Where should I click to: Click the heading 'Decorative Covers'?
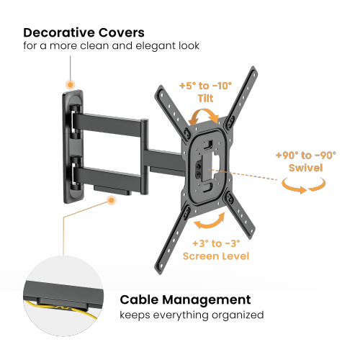(84, 32)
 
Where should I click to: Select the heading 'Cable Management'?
(185, 300)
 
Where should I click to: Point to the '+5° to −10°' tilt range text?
(206, 86)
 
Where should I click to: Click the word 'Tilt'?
(205, 99)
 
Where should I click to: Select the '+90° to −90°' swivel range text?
(306, 156)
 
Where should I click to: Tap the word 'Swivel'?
(306, 168)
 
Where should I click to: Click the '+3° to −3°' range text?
(216, 243)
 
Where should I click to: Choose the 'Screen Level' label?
(216, 256)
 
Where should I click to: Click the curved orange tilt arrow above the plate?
(204, 111)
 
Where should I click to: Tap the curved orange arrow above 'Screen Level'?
(210, 225)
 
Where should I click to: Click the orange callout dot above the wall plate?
(71, 85)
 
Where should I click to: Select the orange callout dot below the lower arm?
(111, 200)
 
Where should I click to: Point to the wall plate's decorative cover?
(73, 147)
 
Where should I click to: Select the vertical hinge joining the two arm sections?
(144, 156)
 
